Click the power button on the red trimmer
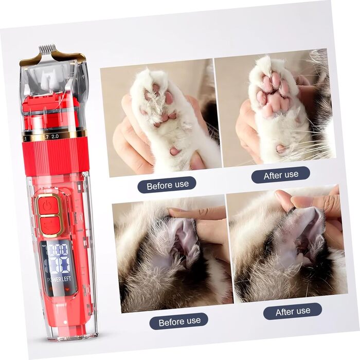[x=48, y=205]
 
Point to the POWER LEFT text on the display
[x=59, y=279]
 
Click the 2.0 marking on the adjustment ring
[x=55, y=136]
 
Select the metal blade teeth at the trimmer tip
[x=47, y=48]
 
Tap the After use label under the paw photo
[x=281, y=175]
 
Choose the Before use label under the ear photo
[x=179, y=321]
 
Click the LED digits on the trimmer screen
[x=58, y=258]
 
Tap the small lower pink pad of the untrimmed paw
[x=174, y=151]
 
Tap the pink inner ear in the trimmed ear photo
[x=307, y=232]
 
